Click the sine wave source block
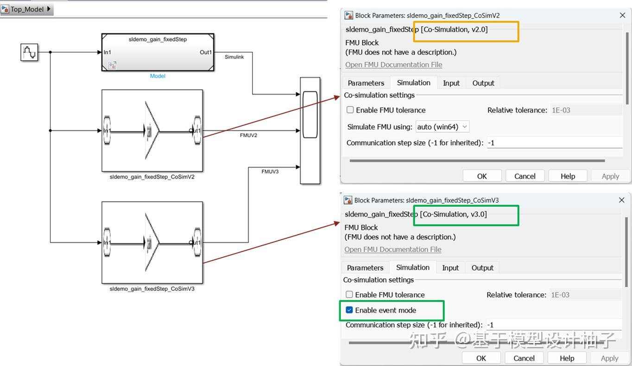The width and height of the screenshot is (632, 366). click(29, 52)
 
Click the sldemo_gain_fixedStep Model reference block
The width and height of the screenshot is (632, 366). click(158, 52)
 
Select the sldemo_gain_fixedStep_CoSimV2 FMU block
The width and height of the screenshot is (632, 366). click(152, 131)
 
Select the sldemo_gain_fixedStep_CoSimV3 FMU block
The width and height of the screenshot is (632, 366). click(152, 242)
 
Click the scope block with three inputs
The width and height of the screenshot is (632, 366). click(310, 130)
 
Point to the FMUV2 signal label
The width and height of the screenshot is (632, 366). click(248, 135)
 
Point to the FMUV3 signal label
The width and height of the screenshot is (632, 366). click(270, 172)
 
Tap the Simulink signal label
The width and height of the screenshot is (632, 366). click(234, 57)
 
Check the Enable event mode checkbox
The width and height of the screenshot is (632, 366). click(350, 310)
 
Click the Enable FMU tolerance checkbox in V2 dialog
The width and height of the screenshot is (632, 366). click(351, 110)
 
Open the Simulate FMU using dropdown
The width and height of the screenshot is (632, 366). click(442, 127)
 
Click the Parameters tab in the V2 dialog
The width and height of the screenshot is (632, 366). click(366, 83)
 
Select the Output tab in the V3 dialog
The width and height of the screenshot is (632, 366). click(482, 268)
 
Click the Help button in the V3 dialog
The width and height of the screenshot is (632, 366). click(567, 358)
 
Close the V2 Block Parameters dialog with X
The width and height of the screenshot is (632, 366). click(622, 15)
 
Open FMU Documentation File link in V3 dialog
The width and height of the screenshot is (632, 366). click(393, 250)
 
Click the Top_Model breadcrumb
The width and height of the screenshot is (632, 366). click(27, 9)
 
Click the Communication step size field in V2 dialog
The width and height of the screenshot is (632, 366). click(554, 143)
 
